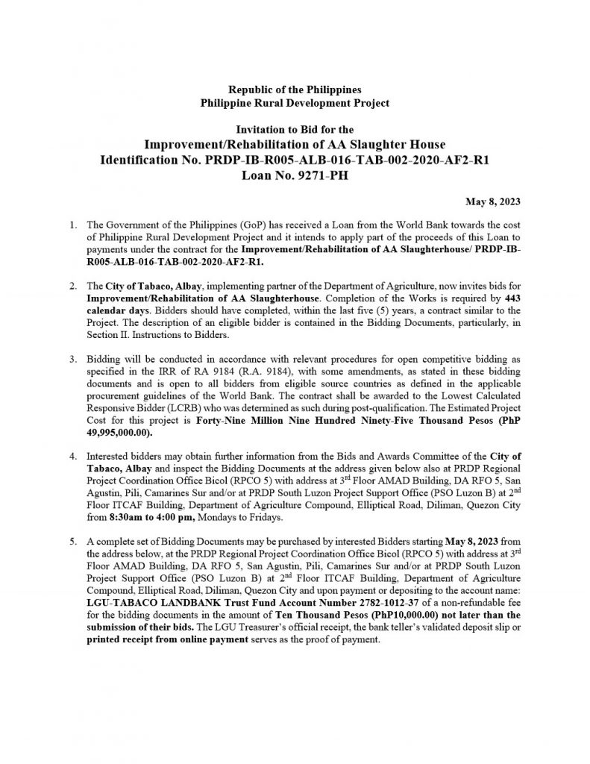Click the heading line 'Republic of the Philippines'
295,90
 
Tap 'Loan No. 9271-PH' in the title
295,177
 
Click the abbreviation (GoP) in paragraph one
227,225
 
